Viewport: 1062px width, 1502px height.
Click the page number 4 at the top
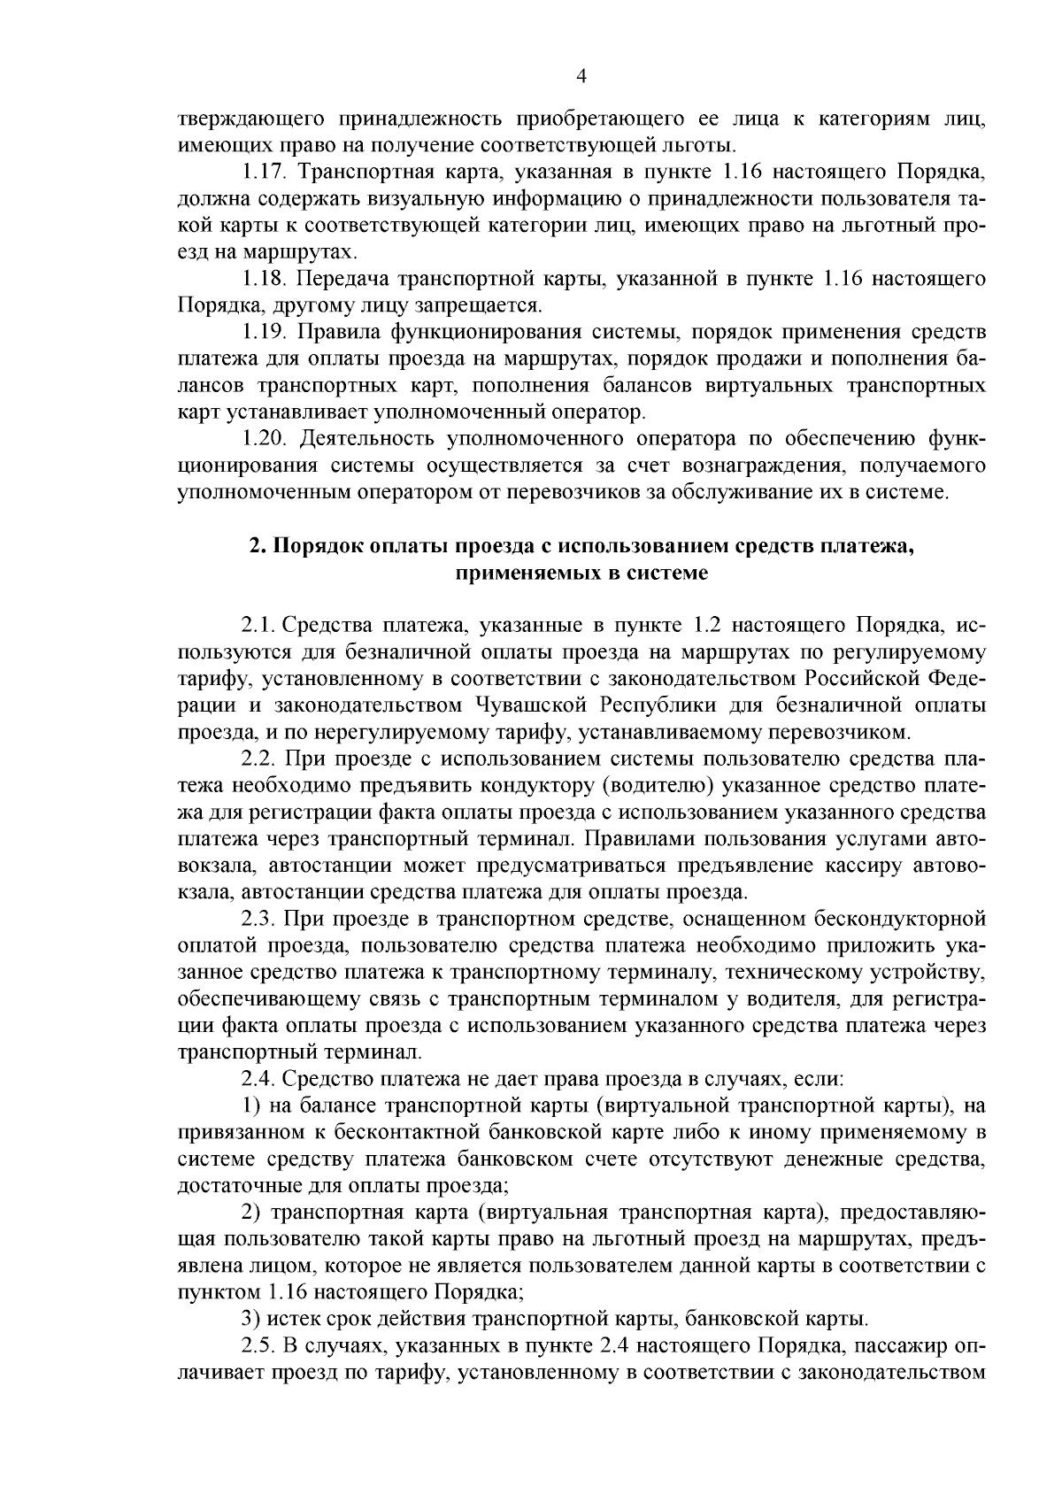tap(581, 76)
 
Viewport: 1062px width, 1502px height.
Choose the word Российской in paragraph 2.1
tap(861, 679)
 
